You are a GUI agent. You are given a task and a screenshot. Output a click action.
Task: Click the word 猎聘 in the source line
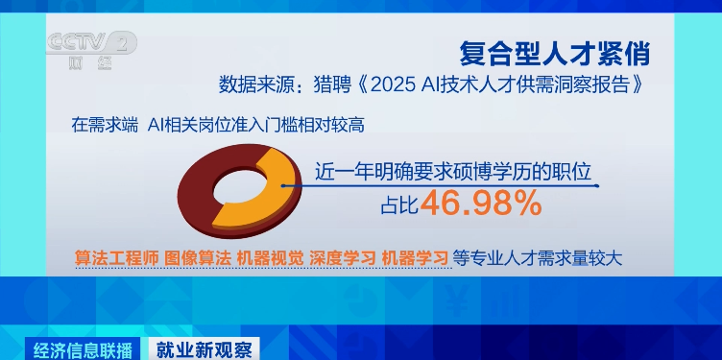[332, 84]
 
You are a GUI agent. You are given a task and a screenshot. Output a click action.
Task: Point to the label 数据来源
[257, 84]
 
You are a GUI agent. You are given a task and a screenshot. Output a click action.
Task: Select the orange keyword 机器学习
[414, 257]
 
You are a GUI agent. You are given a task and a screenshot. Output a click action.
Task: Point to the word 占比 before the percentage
[400, 204]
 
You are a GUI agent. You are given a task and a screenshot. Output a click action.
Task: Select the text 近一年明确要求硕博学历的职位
[452, 173]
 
